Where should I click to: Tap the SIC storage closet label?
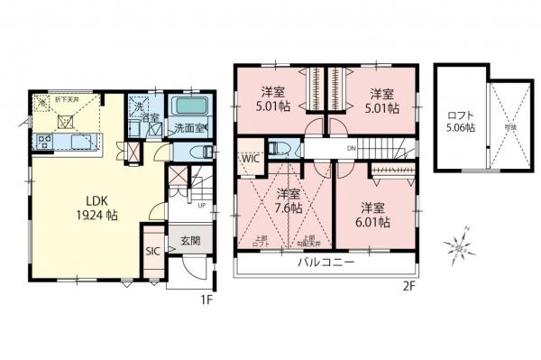point(152,250)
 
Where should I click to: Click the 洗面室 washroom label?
point(191,128)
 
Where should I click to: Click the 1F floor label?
point(206,300)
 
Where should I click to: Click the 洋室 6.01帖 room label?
point(371,213)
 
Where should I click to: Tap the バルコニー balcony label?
point(326,263)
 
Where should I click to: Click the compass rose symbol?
point(460,244)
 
